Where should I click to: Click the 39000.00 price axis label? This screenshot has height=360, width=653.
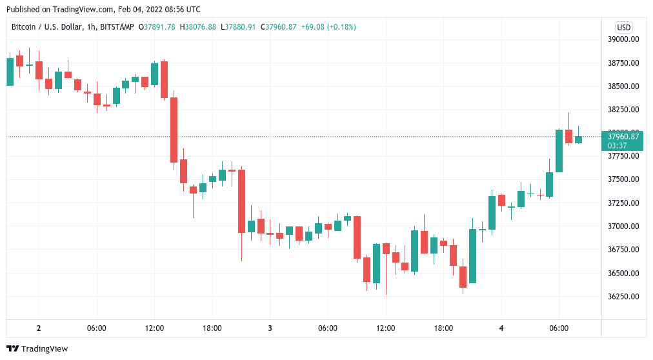tap(623, 39)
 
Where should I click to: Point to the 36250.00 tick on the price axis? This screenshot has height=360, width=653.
tap(623, 297)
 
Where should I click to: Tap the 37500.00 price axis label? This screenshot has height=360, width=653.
tap(623, 179)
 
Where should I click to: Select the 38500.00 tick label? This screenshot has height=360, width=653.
tap(623, 86)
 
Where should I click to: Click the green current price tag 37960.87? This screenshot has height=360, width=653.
tap(623, 136)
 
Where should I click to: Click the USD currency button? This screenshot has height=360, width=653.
tap(623, 27)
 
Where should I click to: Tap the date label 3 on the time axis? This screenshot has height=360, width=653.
tap(270, 328)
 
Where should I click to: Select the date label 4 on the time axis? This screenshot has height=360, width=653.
tap(501, 328)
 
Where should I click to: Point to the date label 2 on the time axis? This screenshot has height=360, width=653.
tap(39, 328)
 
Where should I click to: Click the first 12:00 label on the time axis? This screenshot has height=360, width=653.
tap(154, 328)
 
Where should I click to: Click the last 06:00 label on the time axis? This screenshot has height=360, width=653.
tap(559, 328)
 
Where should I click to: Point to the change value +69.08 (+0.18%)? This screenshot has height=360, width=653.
tap(328, 27)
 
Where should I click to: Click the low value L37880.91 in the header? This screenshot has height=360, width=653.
tap(238, 27)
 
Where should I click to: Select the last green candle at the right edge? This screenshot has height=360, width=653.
tap(579, 139)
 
